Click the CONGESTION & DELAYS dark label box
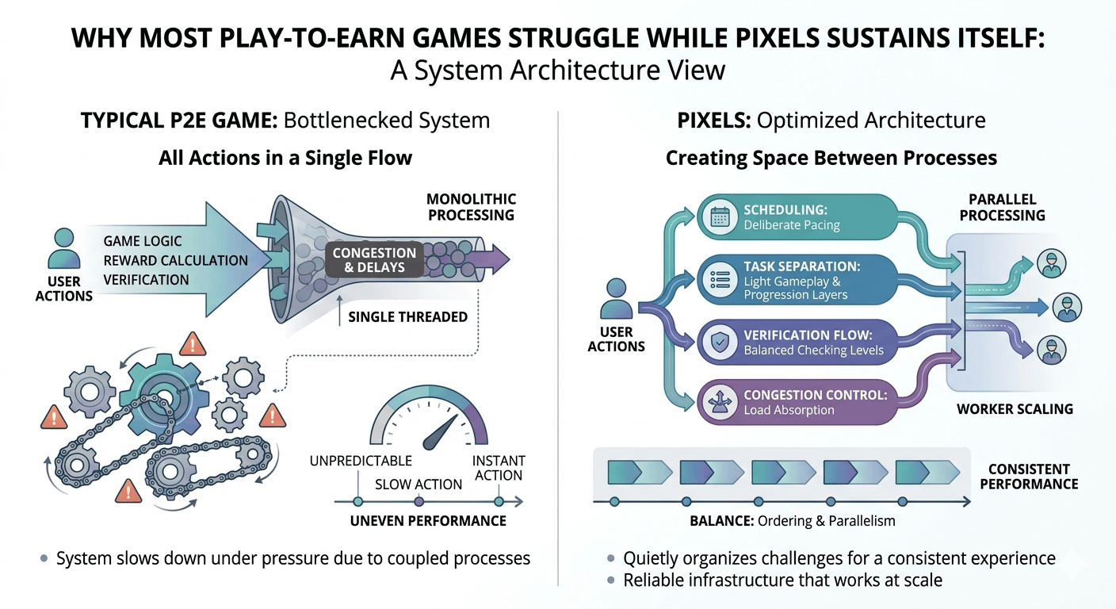tap(374, 259)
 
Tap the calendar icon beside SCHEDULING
tap(720, 216)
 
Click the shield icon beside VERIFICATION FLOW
tap(720, 342)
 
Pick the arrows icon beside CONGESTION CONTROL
tap(720, 401)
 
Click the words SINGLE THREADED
tap(407, 317)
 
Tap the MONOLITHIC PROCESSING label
tap(471, 206)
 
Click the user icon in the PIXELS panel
tap(616, 298)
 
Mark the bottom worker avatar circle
tap(1052, 349)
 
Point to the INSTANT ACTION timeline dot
tap(498, 501)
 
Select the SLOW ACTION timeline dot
tap(419, 501)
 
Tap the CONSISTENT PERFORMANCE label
tap(1029, 476)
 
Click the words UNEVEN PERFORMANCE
tap(428, 521)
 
